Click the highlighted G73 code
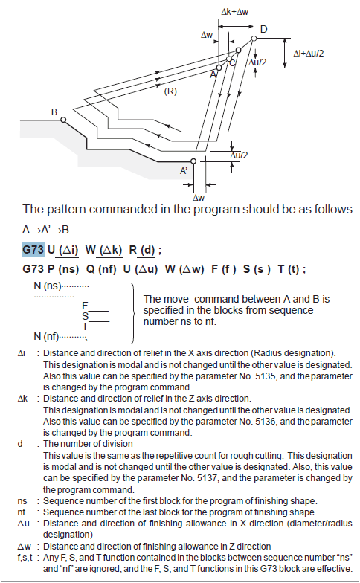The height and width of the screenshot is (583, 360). [x=33, y=247]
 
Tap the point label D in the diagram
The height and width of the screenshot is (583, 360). [x=263, y=28]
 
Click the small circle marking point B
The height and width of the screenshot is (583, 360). [x=64, y=120]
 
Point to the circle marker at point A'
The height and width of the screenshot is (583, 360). [x=193, y=160]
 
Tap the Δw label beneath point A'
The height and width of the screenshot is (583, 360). [x=199, y=197]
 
